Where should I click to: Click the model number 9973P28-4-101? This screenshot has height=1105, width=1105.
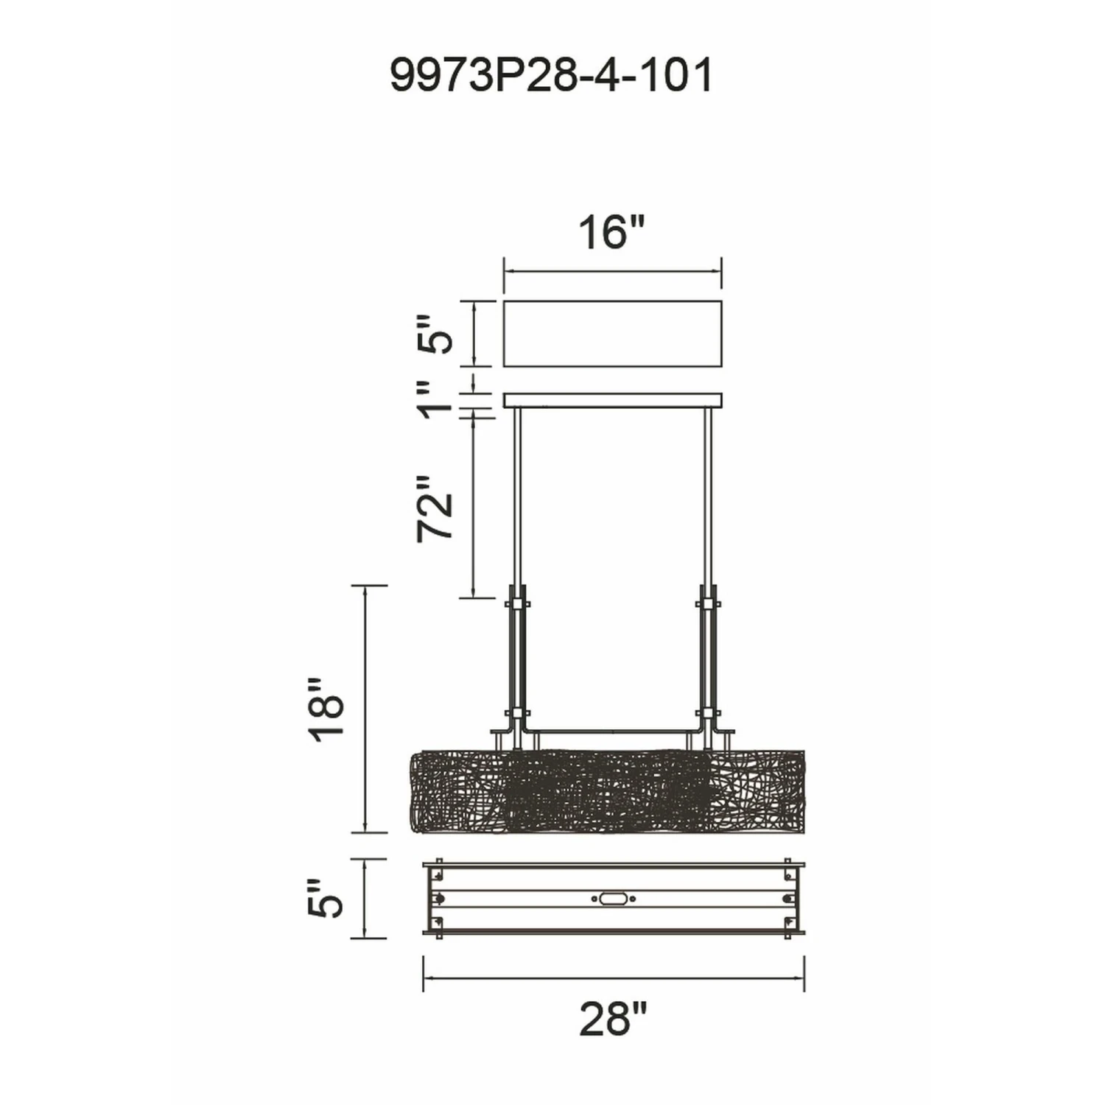[551, 75]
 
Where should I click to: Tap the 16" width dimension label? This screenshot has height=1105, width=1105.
[611, 233]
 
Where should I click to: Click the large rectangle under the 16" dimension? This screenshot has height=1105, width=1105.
[612, 333]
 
